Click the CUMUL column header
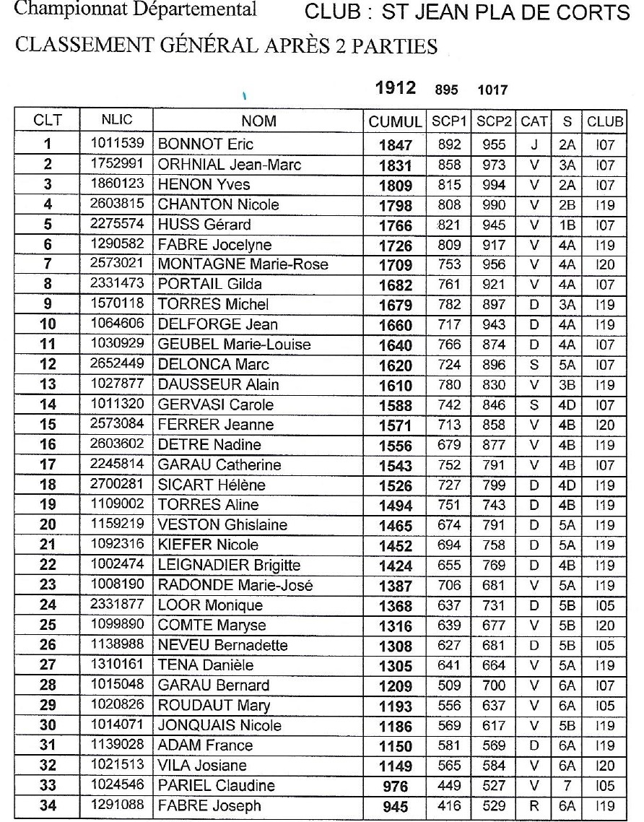395,123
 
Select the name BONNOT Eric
206,144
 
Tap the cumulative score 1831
395,165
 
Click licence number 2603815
116,204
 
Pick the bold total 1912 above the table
396,88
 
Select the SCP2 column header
495,123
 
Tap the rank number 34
47,806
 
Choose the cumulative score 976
395,787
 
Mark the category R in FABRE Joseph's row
534,806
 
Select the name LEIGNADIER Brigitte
229,565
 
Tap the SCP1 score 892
449,144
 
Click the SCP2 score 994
495,184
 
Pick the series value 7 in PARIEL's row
567,786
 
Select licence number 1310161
116,665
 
